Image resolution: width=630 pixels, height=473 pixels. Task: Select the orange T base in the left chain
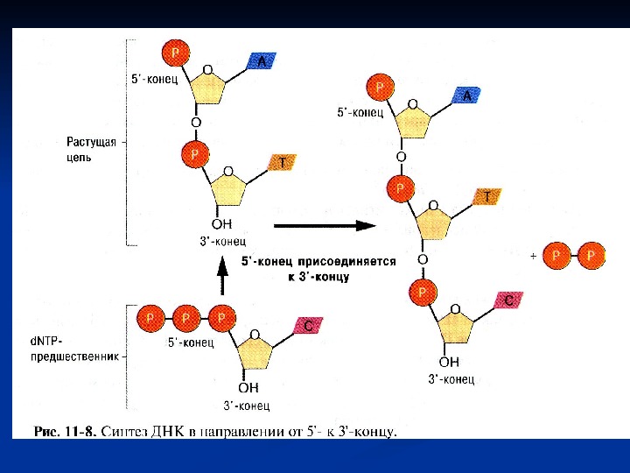[x=282, y=162]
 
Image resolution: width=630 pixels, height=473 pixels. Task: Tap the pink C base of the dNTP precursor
[x=307, y=325]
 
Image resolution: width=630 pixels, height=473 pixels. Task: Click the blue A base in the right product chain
[x=466, y=96]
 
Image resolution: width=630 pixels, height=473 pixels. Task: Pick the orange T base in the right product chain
[x=486, y=197]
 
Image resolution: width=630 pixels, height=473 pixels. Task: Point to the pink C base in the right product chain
[x=510, y=300]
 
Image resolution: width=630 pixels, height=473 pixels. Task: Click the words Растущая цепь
[x=91, y=150]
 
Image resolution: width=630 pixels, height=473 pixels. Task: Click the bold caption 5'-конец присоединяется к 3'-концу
[x=318, y=268]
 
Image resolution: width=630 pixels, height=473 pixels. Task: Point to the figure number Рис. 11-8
[x=65, y=432]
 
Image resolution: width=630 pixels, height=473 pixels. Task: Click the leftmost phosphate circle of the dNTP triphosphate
[x=151, y=316]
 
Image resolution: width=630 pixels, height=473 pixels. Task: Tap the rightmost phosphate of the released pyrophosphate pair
[x=592, y=256]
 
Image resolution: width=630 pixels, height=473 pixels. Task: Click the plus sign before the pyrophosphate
[x=533, y=257]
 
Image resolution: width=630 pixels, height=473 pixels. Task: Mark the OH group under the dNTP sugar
[x=249, y=387]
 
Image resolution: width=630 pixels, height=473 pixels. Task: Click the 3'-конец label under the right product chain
[x=451, y=379]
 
